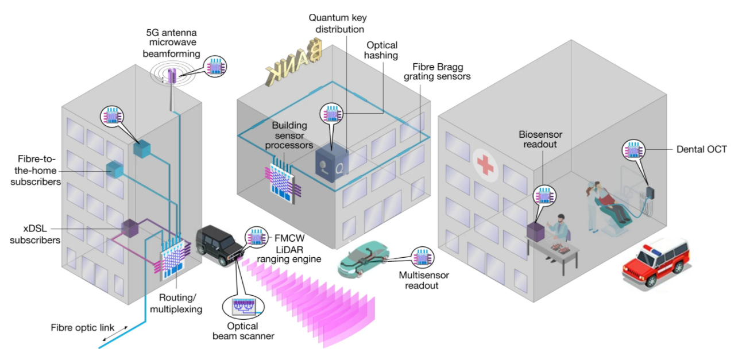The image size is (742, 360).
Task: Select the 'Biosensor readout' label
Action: [540, 140]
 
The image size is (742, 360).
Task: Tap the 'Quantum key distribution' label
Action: [336, 24]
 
